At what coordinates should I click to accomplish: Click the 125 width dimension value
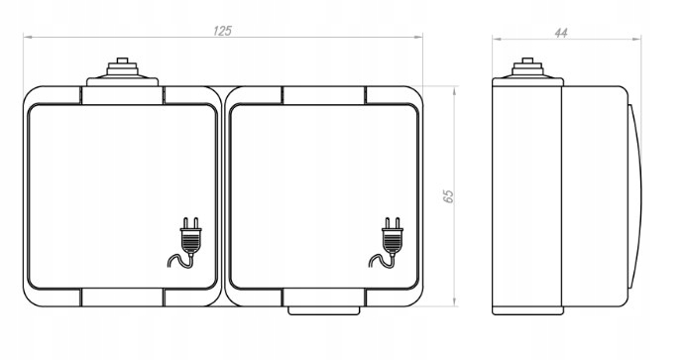pyautogui.click(x=222, y=31)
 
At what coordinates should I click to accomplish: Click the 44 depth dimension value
pyautogui.click(x=561, y=33)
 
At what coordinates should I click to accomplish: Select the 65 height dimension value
pyautogui.click(x=449, y=196)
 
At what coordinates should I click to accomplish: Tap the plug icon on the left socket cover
pyautogui.click(x=184, y=242)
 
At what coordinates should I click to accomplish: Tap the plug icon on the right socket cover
pyautogui.click(x=387, y=242)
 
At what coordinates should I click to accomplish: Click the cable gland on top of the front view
pyautogui.click(x=122, y=72)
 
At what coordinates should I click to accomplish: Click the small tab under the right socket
pyautogui.click(x=324, y=310)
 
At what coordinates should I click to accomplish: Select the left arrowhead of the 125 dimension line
pyautogui.click(x=27, y=37)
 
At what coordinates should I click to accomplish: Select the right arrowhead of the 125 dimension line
pyautogui.click(x=419, y=37)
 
